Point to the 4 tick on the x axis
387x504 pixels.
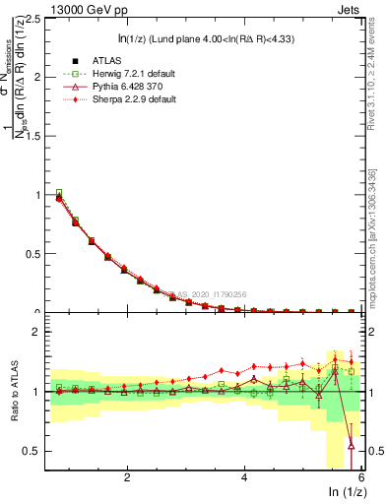click(x=244, y=478)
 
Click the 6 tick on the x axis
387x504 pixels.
click(x=361, y=478)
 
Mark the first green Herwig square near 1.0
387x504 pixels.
click(x=59, y=193)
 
